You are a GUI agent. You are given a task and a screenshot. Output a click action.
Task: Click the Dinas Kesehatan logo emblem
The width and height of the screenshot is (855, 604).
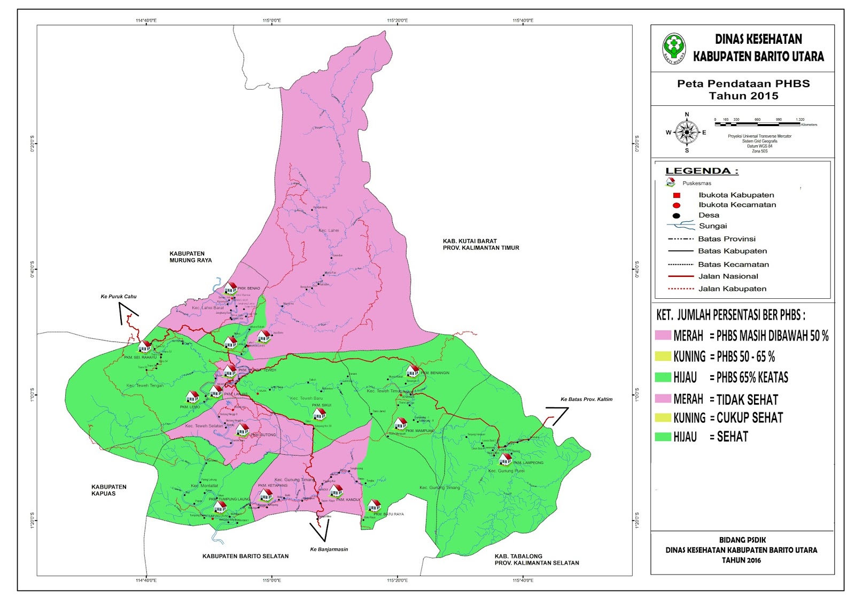point(674,49)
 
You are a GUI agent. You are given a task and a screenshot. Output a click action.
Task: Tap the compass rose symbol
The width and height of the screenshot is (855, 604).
point(687,132)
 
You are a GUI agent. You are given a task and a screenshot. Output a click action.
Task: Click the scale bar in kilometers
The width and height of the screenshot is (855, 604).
point(757,124)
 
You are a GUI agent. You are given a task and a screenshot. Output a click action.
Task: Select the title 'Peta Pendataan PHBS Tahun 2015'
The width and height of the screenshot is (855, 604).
point(743,90)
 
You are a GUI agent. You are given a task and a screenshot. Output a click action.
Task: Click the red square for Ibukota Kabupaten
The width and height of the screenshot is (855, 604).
point(677,195)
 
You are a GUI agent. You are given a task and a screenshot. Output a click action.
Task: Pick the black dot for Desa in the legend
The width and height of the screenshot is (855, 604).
point(677,216)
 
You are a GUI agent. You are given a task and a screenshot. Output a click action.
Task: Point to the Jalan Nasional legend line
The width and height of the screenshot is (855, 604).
point(681,276)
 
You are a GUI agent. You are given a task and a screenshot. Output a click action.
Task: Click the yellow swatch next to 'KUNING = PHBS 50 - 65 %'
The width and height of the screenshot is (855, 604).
point(663,356)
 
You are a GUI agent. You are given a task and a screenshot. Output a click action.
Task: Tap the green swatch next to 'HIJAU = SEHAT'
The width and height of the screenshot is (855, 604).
point(663,437)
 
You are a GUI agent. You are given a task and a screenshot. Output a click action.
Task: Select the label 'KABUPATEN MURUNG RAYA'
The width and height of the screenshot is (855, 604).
point(190,257)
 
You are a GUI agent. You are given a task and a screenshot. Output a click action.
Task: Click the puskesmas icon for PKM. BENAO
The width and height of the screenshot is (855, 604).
point(230,288)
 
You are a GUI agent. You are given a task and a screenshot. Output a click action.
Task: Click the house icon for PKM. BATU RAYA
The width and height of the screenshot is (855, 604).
point(374,505)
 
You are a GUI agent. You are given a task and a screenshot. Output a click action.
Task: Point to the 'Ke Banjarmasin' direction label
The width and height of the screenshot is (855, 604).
point(329,549)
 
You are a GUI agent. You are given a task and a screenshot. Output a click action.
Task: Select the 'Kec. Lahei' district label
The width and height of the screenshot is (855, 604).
point(329,230)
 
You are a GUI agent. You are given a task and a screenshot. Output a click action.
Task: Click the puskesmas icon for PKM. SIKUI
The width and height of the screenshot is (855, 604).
point(319,413)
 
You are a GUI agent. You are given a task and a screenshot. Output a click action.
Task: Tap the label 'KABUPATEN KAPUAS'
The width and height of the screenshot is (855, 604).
point(109,490)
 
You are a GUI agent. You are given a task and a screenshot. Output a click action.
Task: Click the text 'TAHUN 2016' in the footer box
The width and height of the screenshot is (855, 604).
point(741,560)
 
